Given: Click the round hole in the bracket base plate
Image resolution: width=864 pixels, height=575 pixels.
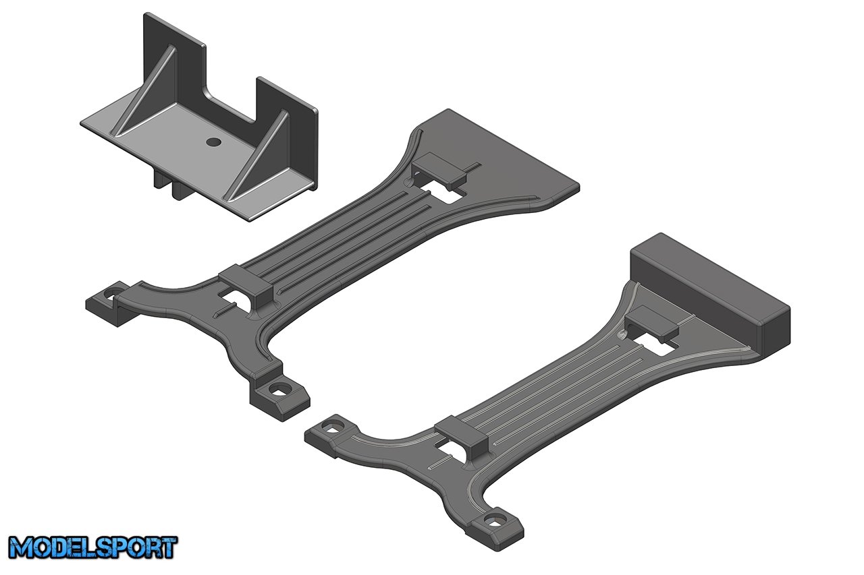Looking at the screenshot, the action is click(213, 142).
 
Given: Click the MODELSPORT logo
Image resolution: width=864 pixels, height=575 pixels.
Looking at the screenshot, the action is click(92, 547).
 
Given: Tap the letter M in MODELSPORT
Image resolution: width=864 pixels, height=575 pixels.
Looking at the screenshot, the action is click(22, 547).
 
